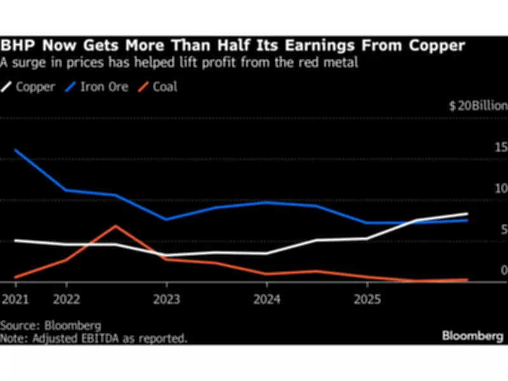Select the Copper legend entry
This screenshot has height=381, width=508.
click(32, 87)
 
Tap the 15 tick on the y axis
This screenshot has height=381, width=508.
click(502, 147)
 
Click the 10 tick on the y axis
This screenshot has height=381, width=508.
click(502, 189)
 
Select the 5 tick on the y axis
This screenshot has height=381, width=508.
click(504, 230)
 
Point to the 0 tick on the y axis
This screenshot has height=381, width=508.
click(504, 271)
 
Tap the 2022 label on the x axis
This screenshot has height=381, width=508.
click(66, 299)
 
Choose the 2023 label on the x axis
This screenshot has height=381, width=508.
click(167, 299)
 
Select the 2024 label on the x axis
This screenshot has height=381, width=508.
click(267, 299)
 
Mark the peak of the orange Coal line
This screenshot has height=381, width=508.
click(116, 226)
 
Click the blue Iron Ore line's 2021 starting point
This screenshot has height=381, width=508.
click(15, 150)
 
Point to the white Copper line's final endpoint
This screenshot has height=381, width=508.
click(467, 214)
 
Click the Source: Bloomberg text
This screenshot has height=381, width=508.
click(51, 326)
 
